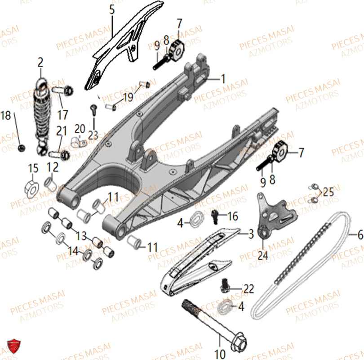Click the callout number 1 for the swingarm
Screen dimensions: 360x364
tap(223, 79)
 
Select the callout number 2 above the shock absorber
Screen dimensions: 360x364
tap(40, 62)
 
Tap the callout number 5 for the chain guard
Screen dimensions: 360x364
tap(112, 9)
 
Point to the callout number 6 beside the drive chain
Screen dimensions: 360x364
tap(360, 235)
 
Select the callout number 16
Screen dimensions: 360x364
tap(232, 217)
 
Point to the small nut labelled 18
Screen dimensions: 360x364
tap(21, 147)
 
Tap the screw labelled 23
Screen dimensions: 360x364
tap(94, 108)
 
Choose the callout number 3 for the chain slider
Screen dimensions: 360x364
tap(251, 234)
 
